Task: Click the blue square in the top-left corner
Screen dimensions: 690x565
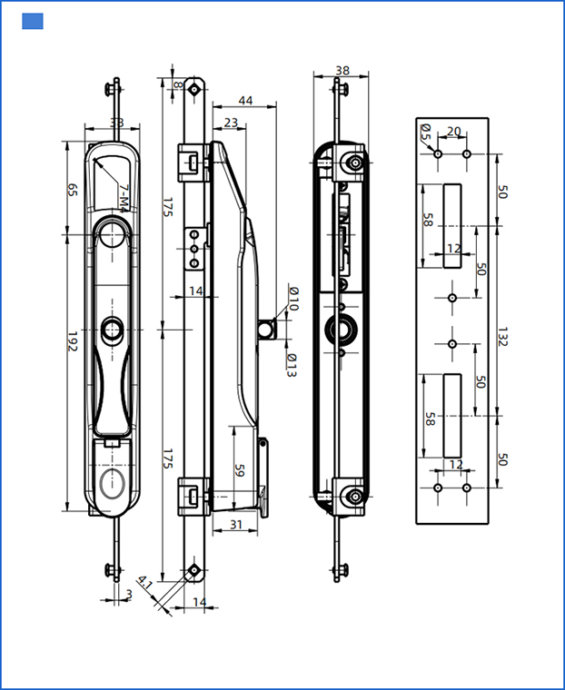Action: pyautogui.click(x=33, y=22)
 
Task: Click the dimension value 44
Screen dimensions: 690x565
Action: pyautogui.click(x=245, y=100)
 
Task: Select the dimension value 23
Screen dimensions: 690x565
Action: pyautogui.click(x=230, y=123)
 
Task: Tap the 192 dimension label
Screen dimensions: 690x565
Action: pyautogui.click(x=72, y=342)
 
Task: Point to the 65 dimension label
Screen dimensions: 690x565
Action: pyautogui.click(x=72, y=190)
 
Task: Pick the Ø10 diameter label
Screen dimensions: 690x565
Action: pyautogui.click(x=292, y=299)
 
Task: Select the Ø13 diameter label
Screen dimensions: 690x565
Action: pyautogui.click(x=292, y=366)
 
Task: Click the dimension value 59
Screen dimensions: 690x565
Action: pyautogui.click(x=241, y=471)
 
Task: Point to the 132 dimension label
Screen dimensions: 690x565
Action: pyautogui.click(x=503, y=336)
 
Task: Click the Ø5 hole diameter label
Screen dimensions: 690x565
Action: pyautogui.click(x=426, y=133)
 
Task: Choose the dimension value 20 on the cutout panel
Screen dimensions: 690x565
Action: pyautogui.click(x=453, y=132)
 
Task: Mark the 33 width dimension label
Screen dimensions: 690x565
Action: pyautogui.click(x=116, y=123)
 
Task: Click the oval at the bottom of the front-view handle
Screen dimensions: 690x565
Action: pyautogui.click(x=114, y=481)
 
